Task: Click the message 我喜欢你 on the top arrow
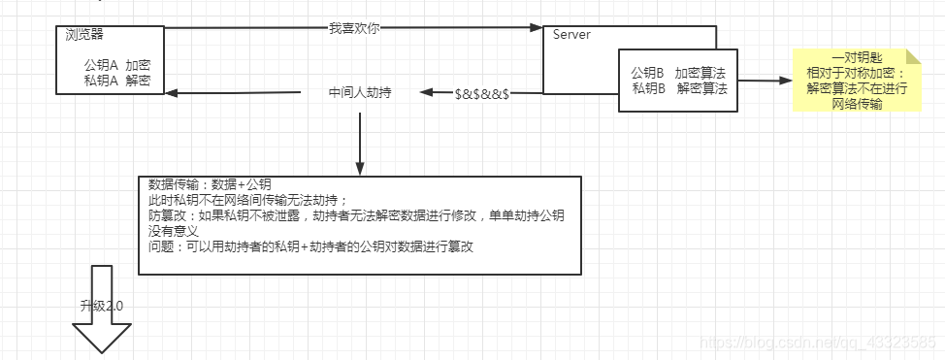[x=353, y=28]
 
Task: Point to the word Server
[x=571, y=35]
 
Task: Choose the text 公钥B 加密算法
[x=678, y=73]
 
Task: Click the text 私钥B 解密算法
[x=678, y=88]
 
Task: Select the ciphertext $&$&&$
[x=482, y=93]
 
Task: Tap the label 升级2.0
[x=101, y=305]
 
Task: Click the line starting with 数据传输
[x=210, y=184]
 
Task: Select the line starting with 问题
[x=310, y=247]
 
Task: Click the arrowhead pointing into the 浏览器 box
[x=171, y=93]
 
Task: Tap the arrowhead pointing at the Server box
[x=536, y=28]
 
